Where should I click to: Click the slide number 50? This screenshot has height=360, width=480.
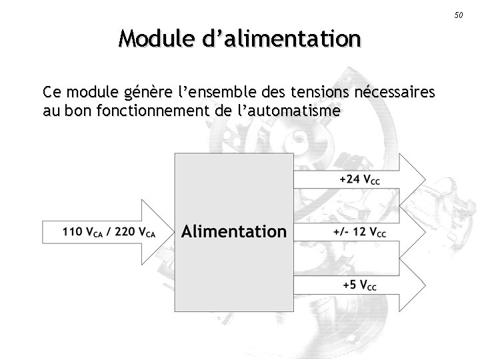coord(458,15)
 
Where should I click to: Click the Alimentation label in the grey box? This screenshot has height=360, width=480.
coord(234,232)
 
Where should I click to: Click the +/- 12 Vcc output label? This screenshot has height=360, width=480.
coord(359,233)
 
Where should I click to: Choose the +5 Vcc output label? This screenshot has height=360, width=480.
coord(360,285)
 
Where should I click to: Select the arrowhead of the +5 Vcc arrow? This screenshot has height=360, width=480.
coord(413,285)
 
